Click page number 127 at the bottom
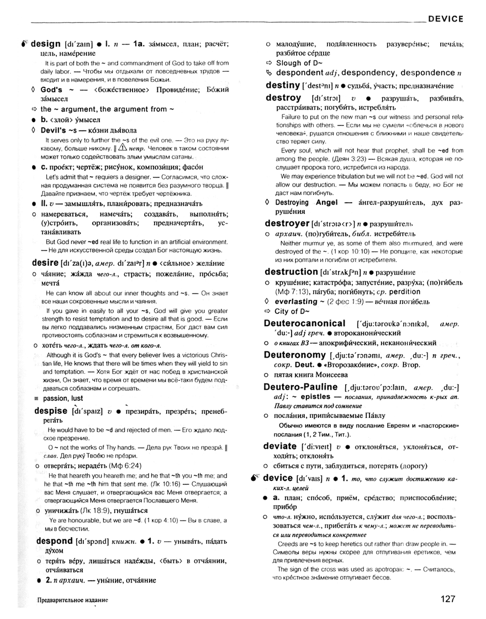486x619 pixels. pos(452,598)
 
